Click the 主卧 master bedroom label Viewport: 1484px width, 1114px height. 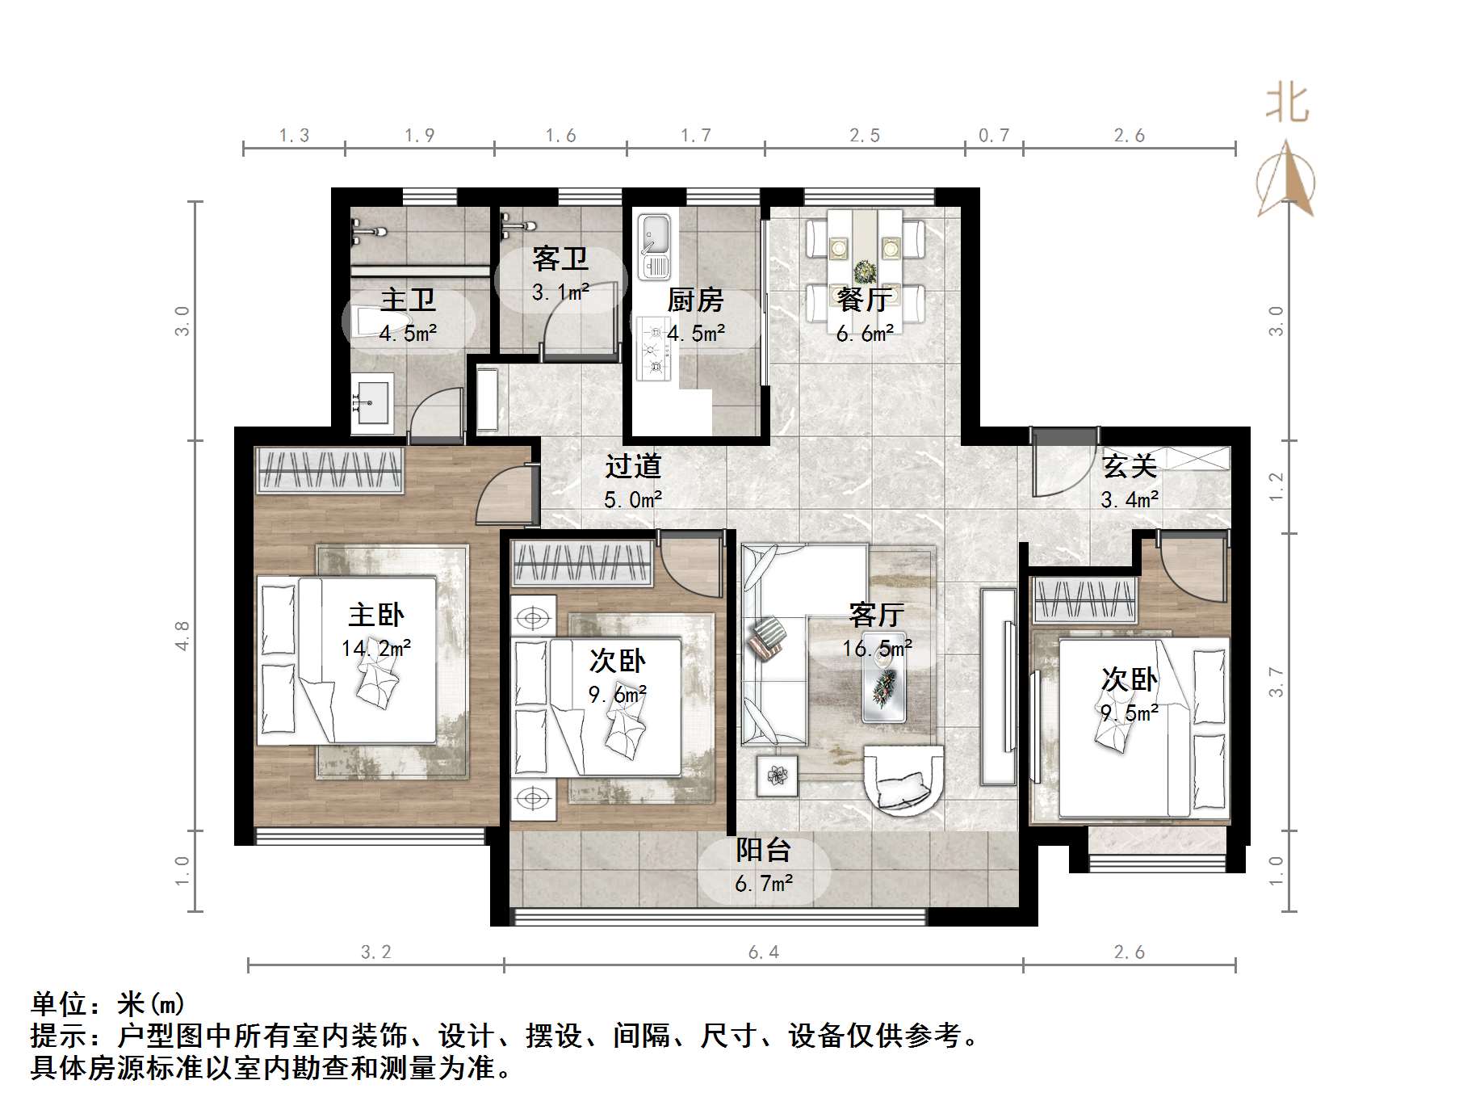pyautogui.click(x=375, y=616)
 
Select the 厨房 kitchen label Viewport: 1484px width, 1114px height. pyautogui.click(x=694, y=301)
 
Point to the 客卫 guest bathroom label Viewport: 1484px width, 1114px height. pyautogui.click(x=560, y=259)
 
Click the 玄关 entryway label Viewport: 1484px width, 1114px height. pyautogui.click(x=1130, y=466)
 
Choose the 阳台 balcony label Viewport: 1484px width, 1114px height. pyautogui.click(x=763, y=850)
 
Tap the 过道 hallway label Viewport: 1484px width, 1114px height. pyautogui.click(x=633, y=466)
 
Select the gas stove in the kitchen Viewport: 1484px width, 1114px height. pyautogui.click(x=654, y=350)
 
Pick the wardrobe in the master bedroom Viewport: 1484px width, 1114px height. pyautogui.click(x=329, y=469)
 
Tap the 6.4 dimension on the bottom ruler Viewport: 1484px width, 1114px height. pyautogui.click(x=763, y=952)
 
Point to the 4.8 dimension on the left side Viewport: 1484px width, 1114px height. pyautogui.click(x=182, y=635)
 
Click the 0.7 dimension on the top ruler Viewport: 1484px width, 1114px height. pyautogui.click(x=993, y=136)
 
